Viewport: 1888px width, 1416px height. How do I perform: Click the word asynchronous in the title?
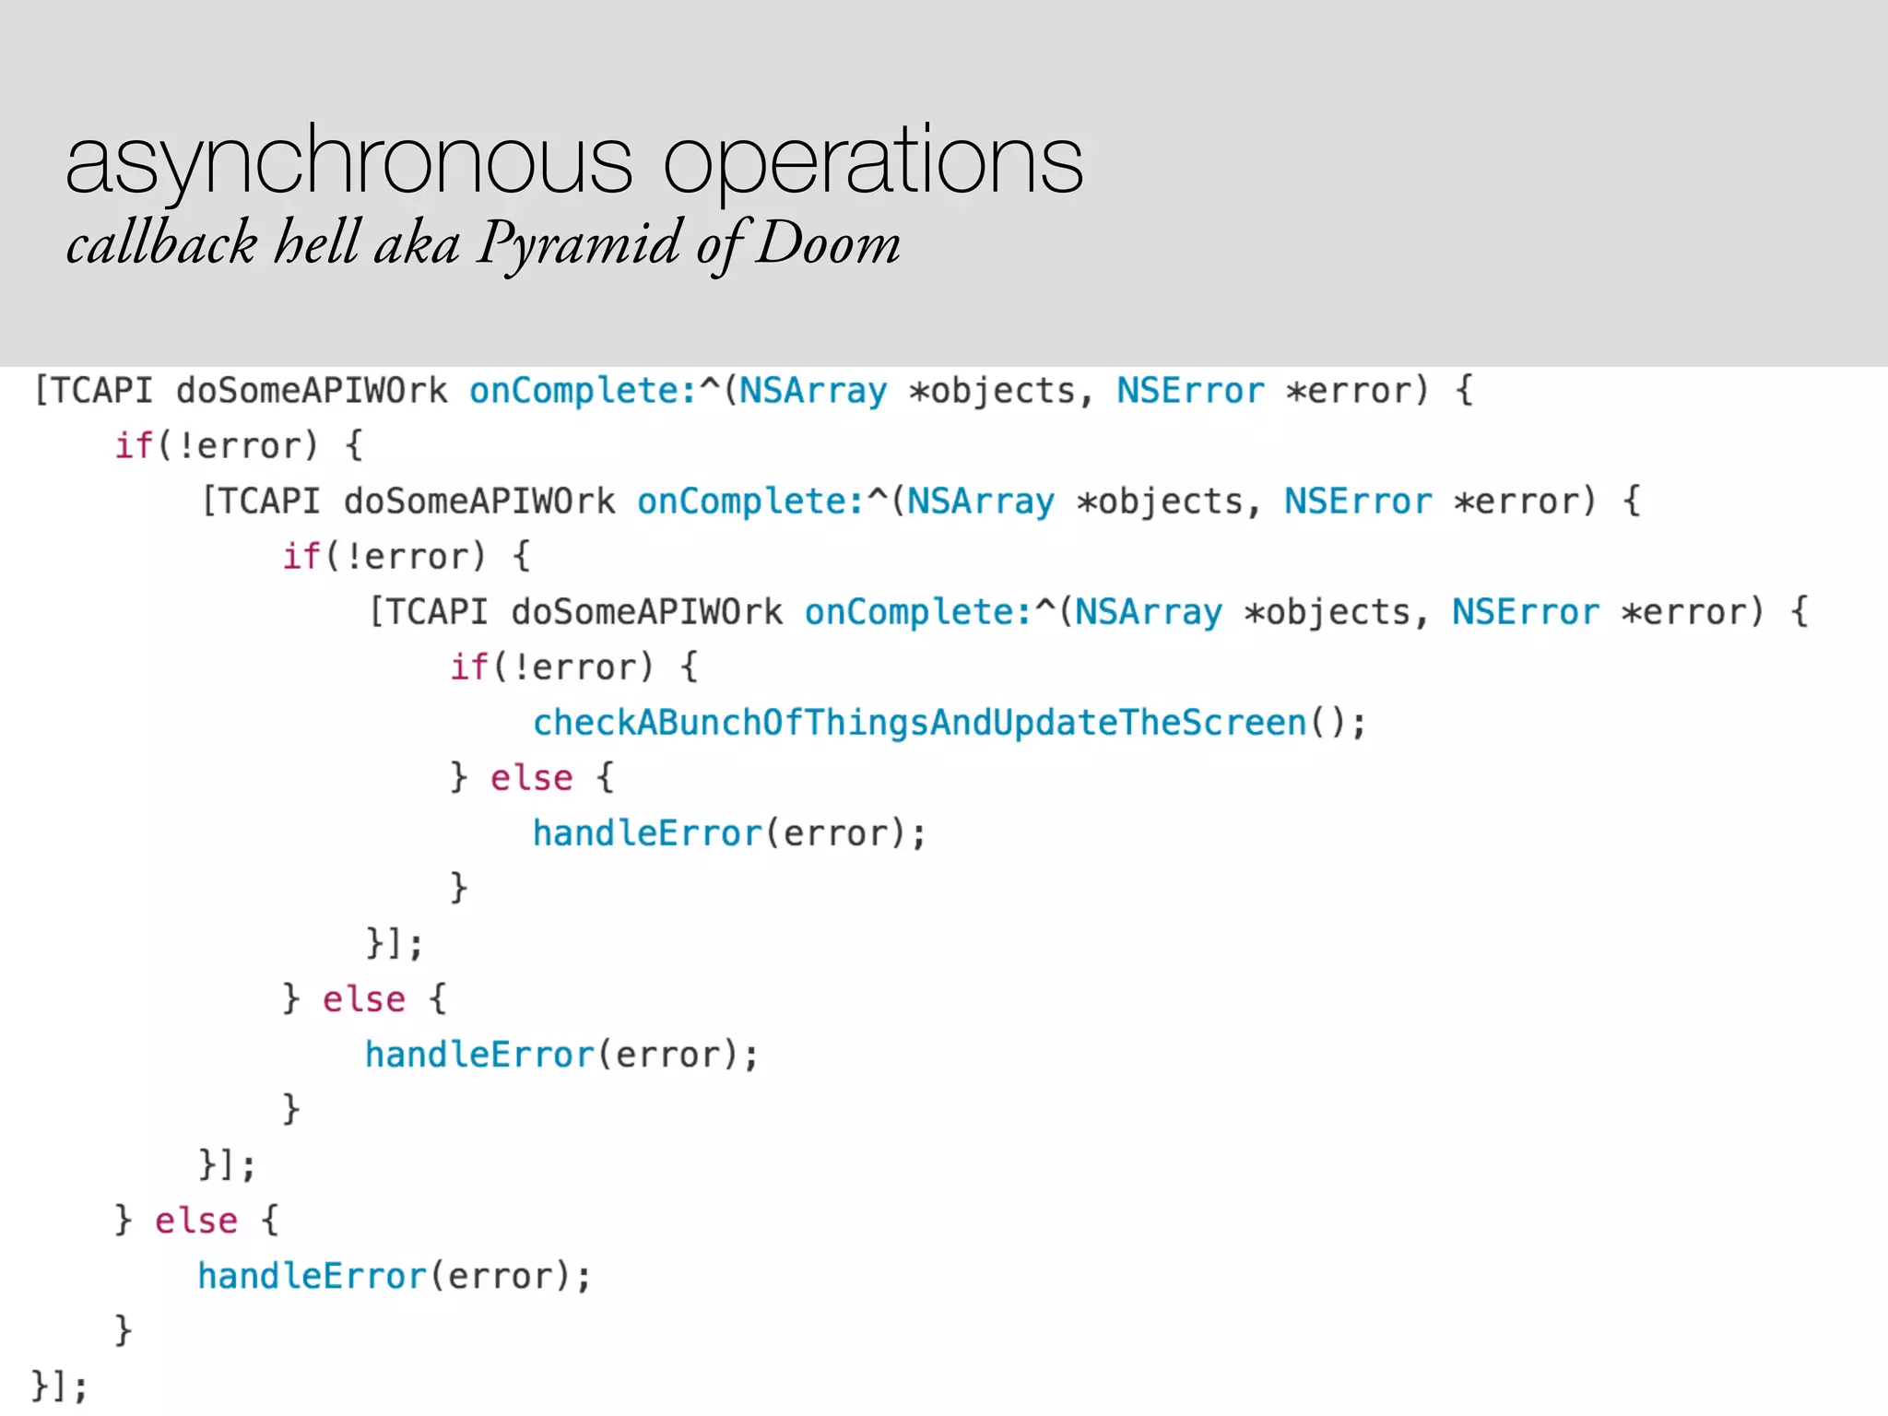348,162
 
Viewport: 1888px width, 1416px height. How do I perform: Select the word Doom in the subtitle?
827,243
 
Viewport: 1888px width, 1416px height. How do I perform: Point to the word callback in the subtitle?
161,243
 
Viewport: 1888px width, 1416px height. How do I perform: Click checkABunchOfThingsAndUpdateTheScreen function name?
919,723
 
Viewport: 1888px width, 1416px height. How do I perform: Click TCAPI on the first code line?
100,391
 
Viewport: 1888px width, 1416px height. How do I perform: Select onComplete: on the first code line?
583,391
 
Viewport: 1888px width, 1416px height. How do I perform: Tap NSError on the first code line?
1190,391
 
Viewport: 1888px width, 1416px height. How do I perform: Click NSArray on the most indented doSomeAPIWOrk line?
1148,612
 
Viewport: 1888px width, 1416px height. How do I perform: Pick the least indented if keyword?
134,446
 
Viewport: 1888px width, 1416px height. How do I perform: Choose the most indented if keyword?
468,667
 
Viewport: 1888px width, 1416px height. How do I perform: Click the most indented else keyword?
531,778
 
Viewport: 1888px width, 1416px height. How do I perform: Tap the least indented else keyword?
195,1221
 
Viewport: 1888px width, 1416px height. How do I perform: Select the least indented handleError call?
312,1276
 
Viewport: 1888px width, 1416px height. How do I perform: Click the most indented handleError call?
647,833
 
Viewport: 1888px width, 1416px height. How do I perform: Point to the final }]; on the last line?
59,1386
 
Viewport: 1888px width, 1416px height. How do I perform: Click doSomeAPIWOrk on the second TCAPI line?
478,501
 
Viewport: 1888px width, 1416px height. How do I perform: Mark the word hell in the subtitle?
315,243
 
